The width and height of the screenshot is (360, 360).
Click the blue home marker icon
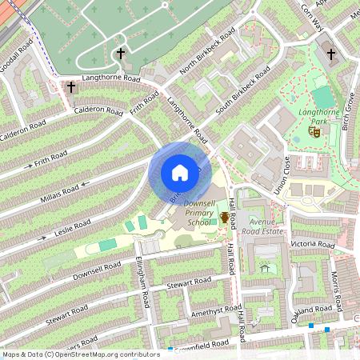coord(180,173)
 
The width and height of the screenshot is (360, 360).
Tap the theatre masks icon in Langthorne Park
coord(314,132)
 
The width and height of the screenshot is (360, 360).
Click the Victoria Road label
coord(314,243)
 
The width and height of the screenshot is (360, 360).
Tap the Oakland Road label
coord(311,312)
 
